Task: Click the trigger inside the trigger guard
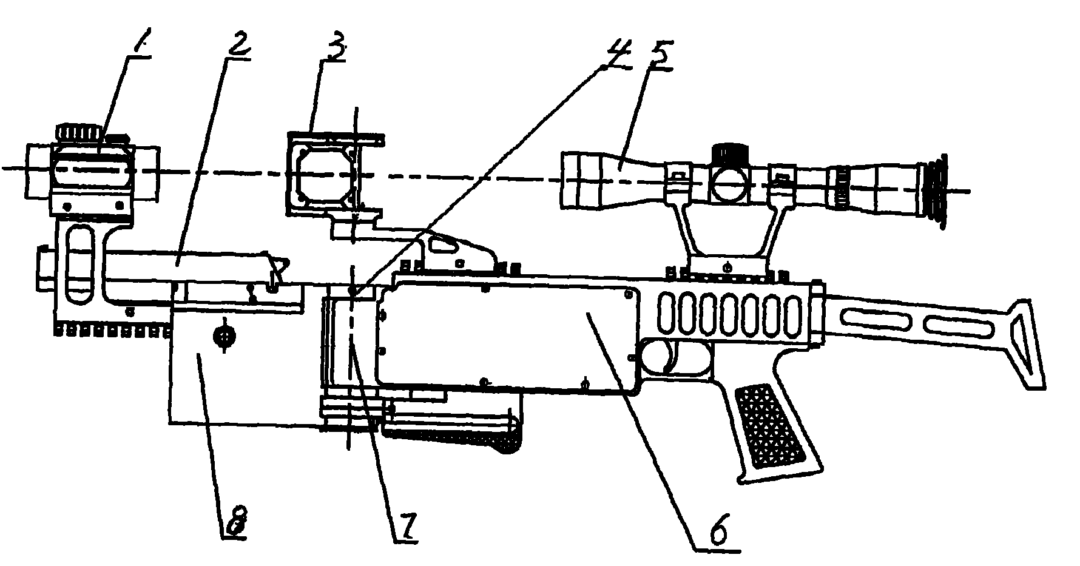pyautogui.click(x=670, y=357)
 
